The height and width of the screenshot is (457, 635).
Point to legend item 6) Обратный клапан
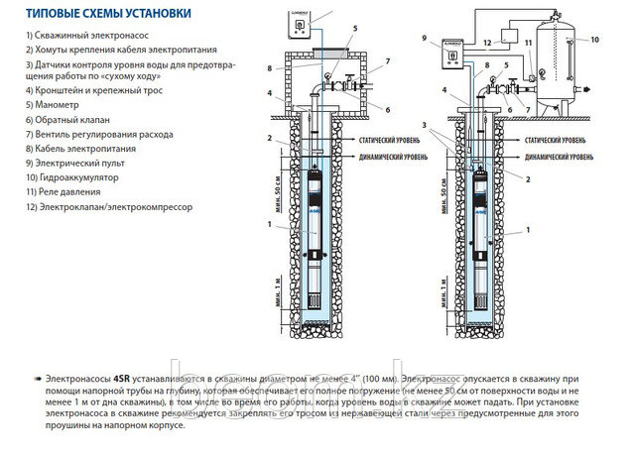tap(65, 118)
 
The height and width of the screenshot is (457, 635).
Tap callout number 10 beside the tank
tap(596, 40)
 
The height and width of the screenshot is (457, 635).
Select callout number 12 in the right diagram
tap(486, 43)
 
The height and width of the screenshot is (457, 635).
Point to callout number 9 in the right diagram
tap(424, 39)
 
